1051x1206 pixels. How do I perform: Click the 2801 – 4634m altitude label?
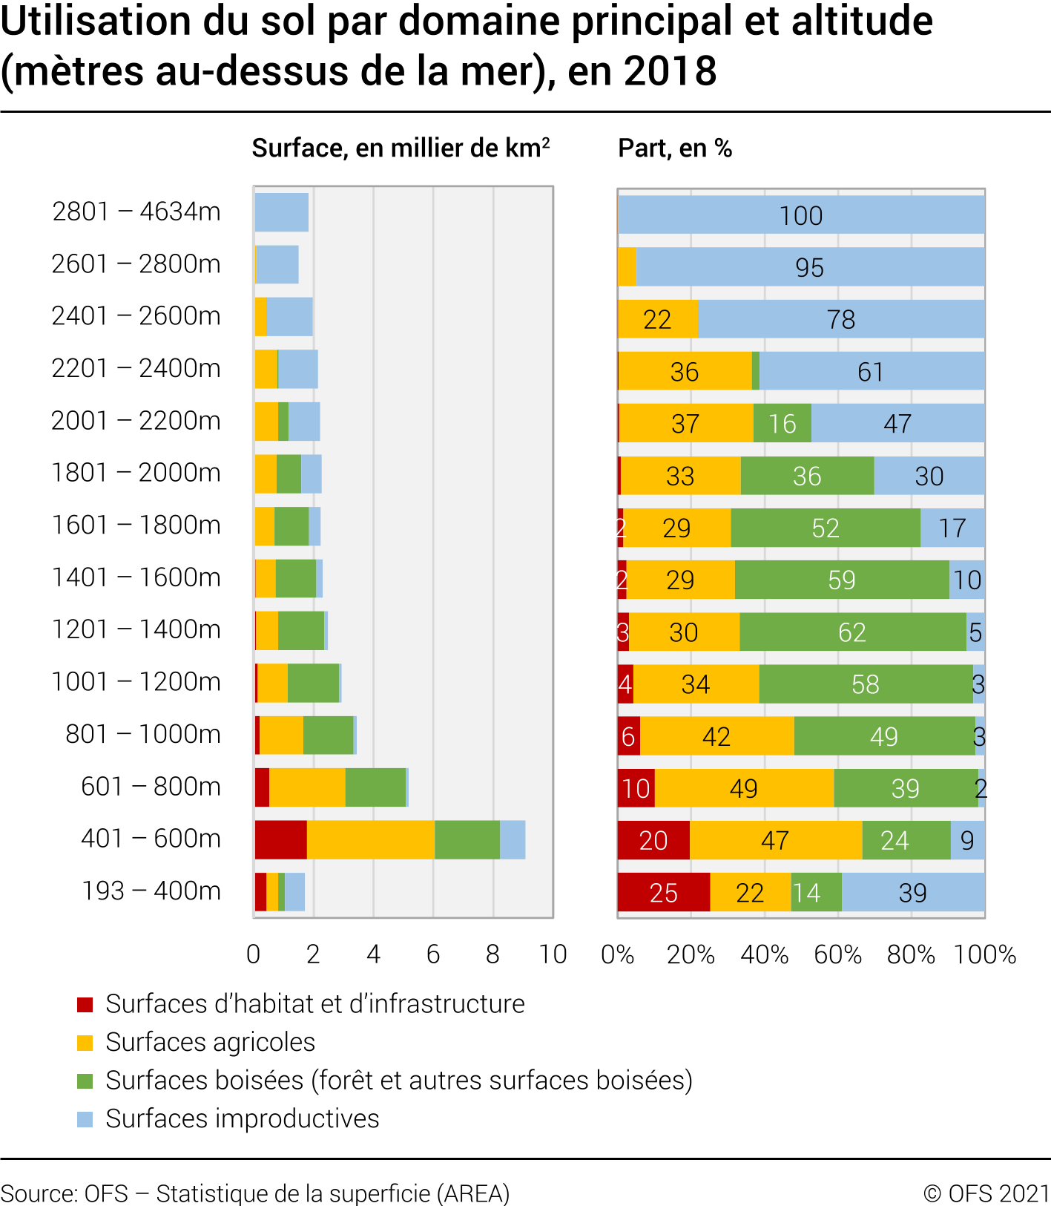pyautogui.click(x=136, y=212)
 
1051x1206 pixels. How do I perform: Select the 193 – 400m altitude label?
pyautogui.click(x=151, y=891)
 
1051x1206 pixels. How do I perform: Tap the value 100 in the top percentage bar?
pyautogui.click(x=801, y=216)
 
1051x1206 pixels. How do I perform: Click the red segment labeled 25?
pyautogui.click(x=663, y=893)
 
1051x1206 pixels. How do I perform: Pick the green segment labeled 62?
pyautogui.click(x=852, y=632)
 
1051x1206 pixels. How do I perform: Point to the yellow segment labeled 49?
pyautogui.click(x=743, y=788)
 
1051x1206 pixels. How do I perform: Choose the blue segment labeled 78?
pyautogui.click(x=841, y=320)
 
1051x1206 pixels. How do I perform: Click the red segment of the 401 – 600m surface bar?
pyautogui.click(x=280, y=840)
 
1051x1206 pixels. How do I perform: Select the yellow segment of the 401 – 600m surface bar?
pyautogui.click(x=370, y=840)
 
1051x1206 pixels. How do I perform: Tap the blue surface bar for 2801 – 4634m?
pyautogui.click(x=281, y=212)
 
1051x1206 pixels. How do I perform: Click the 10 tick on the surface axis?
pyautogui.click(x=553, y=954)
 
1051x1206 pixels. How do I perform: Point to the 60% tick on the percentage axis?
pyautogui.click(x=837, y=954)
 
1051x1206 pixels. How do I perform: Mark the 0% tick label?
pyautogui.click(x=617, y=954)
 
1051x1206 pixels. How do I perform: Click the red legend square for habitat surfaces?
pyautogui.click(x=85, y=1005)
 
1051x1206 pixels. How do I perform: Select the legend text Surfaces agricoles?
pyautogui.click(x=211, y=1043)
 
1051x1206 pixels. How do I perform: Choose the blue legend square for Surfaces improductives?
pyautogui.click(x=85, y=1119)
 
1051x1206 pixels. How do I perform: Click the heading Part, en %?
pyautogui.click(x=675, y=148)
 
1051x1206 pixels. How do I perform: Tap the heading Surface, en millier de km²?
pyautogui.click(x=401, y=148)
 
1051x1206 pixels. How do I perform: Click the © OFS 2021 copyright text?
pyautogui.click(x=986, y=1193)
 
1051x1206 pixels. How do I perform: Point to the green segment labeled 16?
pyautogui.click(x=782, y=424)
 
